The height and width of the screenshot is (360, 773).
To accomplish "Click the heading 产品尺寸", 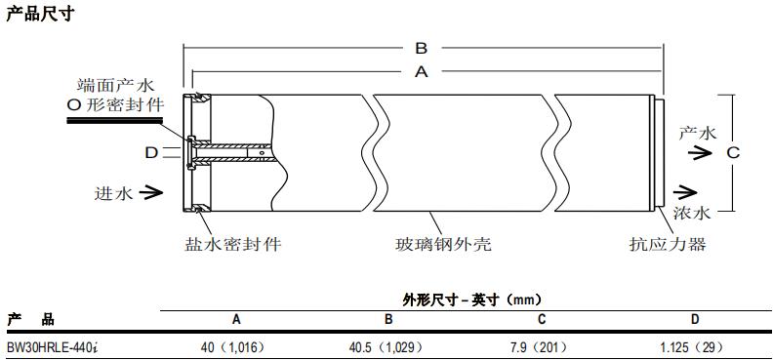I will (x=39, y=14).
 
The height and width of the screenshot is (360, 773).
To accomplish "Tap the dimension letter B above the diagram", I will (x=422, y=48).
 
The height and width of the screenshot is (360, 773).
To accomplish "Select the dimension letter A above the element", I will (x=422, y=71).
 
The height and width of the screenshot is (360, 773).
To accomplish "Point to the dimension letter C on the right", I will (x=733, y=152).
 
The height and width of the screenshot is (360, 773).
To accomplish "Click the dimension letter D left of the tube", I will (x=151, y=152).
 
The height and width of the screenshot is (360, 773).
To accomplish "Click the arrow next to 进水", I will (x=149, y=193).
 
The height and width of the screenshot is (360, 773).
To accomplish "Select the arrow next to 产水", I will (x=697, y=152).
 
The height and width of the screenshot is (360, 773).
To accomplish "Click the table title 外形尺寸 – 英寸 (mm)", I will (x=471, y=300).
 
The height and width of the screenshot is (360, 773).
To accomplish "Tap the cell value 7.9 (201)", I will (x=541, y=346).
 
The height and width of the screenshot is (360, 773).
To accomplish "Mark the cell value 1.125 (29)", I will (x=694, y=346).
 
